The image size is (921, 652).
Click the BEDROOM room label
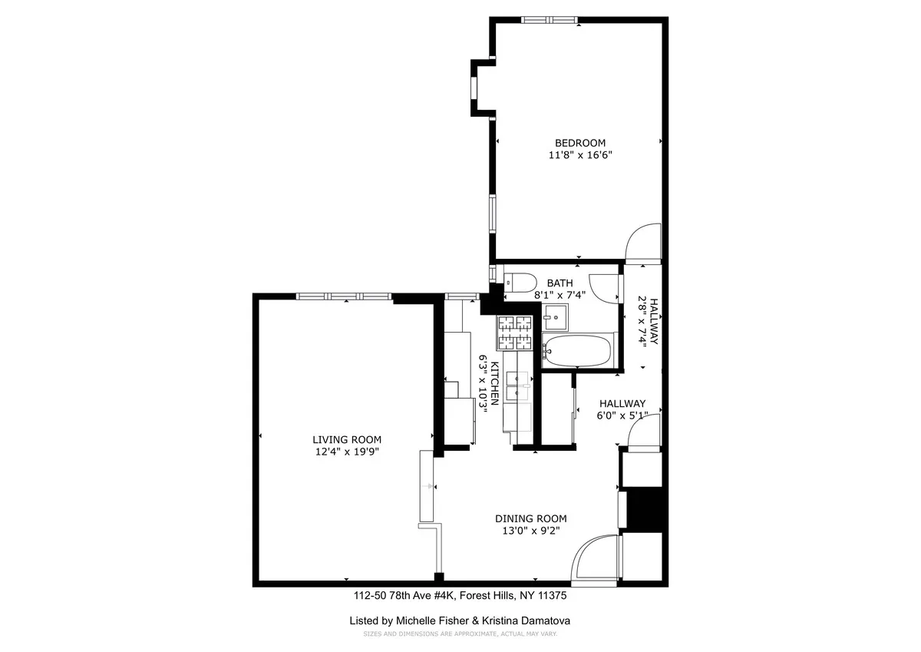click(x=580, y=143)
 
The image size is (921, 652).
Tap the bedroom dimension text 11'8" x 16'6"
click(x=580, y=155)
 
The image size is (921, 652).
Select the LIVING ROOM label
click(x=346, y=439)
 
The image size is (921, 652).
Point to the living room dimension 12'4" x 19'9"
click(x=346, y=452)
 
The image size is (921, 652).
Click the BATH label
click(x=560, y=283)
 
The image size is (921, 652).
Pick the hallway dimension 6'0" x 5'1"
click(x=622, y=415)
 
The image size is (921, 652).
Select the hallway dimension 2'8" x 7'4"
click(x=643, y=323)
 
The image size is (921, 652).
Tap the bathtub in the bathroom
click(x=576, y=351)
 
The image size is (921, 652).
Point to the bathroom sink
click(x=555, y=315)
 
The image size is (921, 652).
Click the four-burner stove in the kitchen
click(x=514, y=333)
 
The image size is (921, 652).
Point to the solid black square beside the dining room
click(x=644, y=509)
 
